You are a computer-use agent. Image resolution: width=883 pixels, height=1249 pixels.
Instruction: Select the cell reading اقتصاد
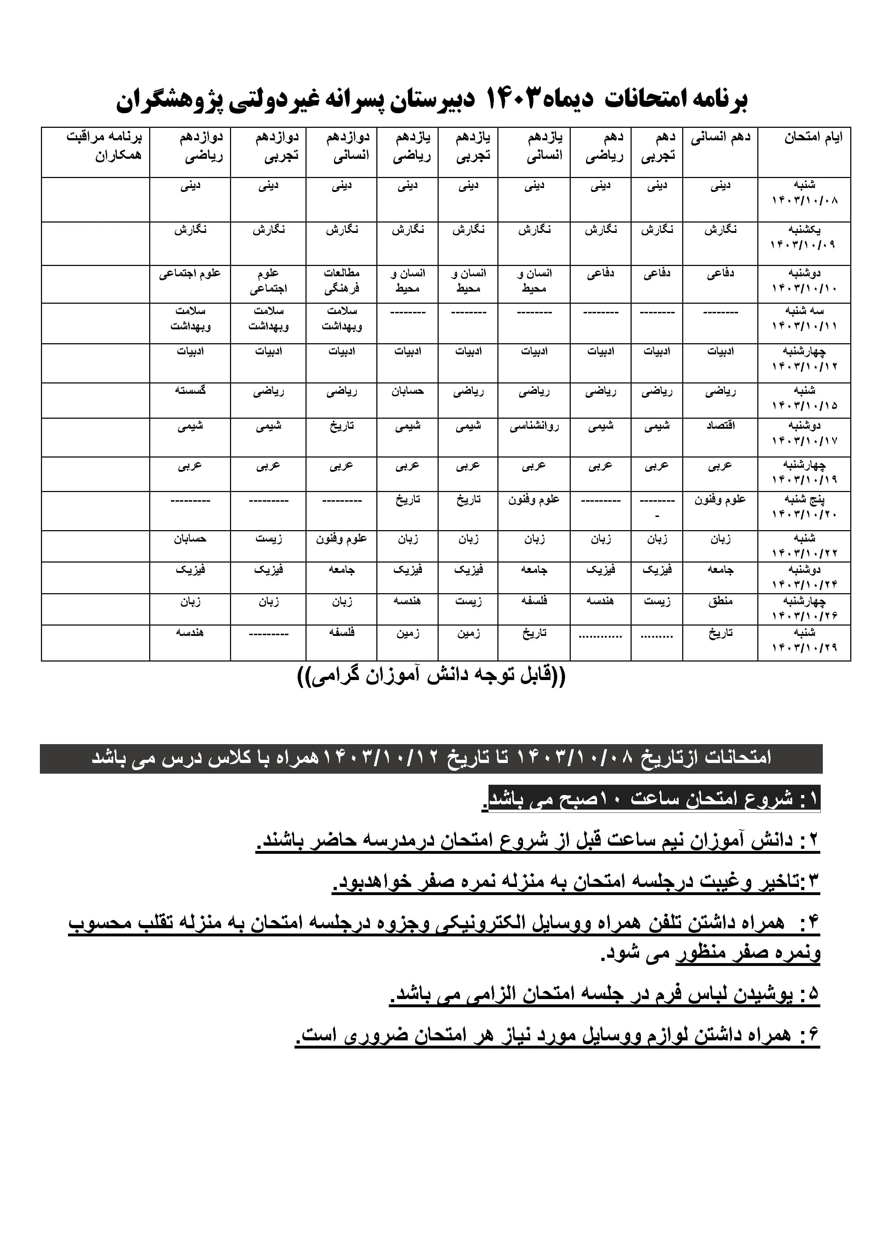point(720,426)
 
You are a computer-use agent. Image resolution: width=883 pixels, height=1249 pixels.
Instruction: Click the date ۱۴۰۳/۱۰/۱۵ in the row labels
point(804,405)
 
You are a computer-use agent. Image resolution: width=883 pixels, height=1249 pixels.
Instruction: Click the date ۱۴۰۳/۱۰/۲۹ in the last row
point(804,647)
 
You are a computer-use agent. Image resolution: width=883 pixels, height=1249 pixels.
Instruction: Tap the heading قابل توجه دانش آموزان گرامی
point(432,677)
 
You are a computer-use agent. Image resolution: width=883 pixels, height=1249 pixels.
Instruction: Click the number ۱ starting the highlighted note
point(811,799)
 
